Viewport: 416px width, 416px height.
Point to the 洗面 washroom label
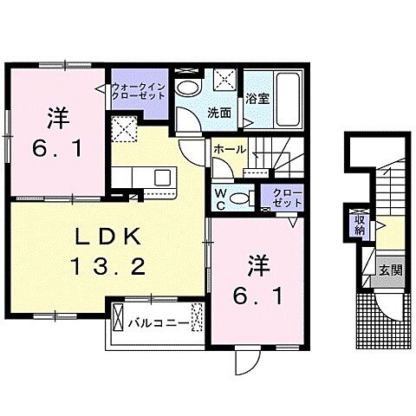tap(218, 113)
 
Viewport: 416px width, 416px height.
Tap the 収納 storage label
tap(358, 227)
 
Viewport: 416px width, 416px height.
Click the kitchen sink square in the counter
tap(162, 178)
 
